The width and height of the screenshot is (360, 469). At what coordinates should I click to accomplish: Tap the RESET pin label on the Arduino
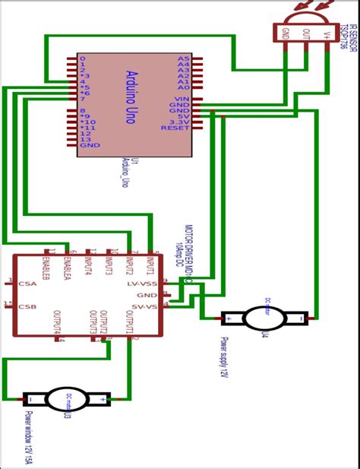[175, 128]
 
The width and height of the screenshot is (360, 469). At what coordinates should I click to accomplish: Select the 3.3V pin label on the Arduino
[179, 121]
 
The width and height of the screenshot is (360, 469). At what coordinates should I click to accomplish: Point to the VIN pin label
[181, 99]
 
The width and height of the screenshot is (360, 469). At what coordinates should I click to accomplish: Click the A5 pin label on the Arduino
[182, 59]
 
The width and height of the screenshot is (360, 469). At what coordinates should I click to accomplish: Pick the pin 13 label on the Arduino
[85, 139]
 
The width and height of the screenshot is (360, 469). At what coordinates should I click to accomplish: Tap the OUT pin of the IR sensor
[308, 33]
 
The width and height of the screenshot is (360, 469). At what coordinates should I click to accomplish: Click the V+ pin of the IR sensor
[328, 33]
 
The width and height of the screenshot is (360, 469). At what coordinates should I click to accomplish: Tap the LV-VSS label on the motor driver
[142, 283]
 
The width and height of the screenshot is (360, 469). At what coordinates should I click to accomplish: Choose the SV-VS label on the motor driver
[144, 306]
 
